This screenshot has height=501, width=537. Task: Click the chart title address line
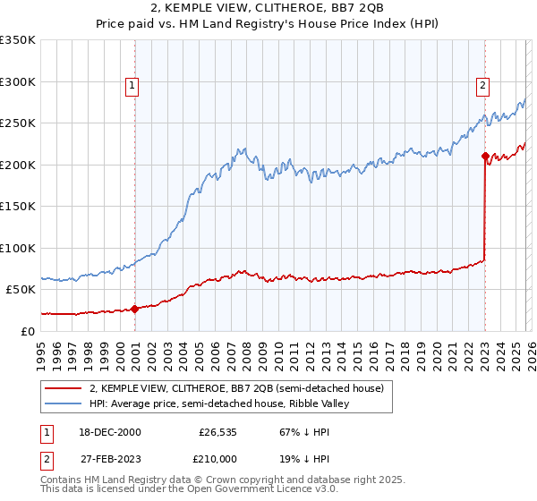pos(268,8)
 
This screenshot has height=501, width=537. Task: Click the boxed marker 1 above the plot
pos(132,86)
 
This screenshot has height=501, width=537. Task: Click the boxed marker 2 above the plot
pos(482,86)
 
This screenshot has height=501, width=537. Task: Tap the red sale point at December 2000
pos(135,310)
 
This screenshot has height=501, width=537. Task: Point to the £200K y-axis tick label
pos(18,165)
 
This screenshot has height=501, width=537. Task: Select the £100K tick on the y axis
pos(18,248)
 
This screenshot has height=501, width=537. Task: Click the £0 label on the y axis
pos(27,331)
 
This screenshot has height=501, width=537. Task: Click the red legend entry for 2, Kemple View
pos(236,388)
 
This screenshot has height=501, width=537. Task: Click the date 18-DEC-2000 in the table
pos(105,431)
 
